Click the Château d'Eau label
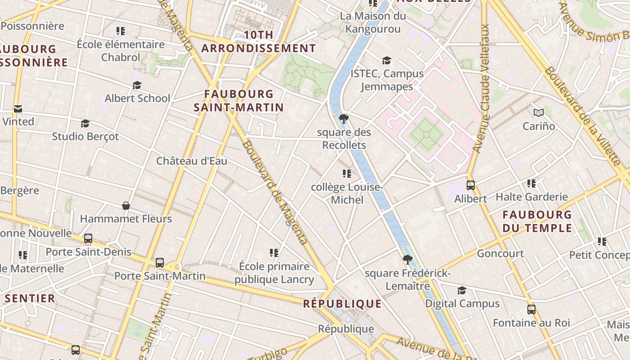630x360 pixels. (192, 161)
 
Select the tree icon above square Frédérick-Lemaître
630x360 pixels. (408, 260)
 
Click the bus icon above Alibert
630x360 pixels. (471, 185)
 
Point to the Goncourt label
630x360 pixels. (500, 253)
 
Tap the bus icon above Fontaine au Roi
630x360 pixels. (531, 310)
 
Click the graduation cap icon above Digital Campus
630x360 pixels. (462, 290)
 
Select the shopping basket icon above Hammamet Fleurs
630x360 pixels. (126, 206)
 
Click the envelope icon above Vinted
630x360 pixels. (18, 108)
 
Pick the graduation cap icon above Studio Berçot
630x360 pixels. (85, 123)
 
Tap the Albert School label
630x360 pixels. (137, 98)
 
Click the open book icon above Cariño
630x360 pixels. (539, 112)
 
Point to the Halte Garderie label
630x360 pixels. (531, 197)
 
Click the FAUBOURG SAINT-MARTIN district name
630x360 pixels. (238, 100)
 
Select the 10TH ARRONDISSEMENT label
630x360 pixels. (258, 41)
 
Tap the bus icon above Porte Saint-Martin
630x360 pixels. (160, 263)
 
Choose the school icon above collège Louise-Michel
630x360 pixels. (346, 174)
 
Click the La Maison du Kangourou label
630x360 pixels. (373, 22)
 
